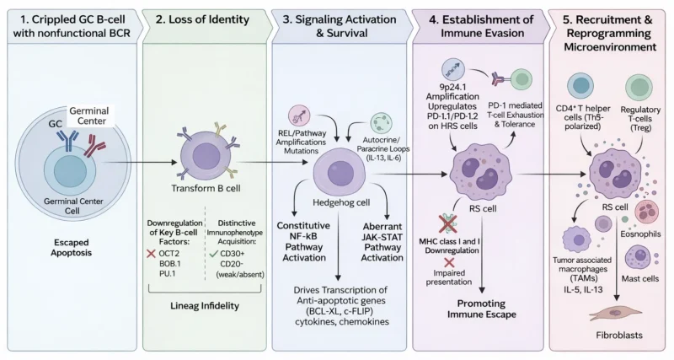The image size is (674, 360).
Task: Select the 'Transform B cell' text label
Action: pos(201,187)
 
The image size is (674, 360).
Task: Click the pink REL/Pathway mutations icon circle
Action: pos(300,116)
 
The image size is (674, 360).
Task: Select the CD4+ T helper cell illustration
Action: pos(583,89)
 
